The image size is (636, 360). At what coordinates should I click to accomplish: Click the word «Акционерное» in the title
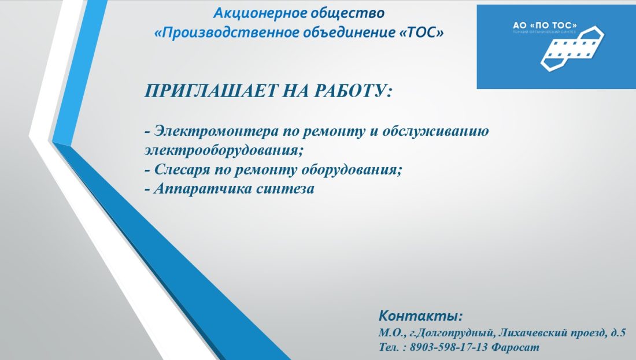[x=260, y=13]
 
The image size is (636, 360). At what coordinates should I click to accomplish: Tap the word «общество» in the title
[x=347, y=13]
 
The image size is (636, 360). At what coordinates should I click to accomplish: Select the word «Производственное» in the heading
[x=228, y=32]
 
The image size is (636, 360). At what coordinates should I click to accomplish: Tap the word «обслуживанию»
[x=435, y=131]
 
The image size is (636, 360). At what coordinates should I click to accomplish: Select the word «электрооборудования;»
[x=224, y=150]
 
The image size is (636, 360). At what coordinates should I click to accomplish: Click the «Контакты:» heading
[x=420, y=316]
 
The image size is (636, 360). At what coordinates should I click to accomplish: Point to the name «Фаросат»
[x=515, y=347]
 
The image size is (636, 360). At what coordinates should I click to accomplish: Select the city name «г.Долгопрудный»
[x=453, y=333]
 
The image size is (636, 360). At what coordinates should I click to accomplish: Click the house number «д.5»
[x=617, y=333]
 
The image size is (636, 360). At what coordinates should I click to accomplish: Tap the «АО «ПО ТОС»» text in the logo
[x=545, y=25]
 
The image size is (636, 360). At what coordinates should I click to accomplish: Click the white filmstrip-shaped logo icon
[x=572, y=49]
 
